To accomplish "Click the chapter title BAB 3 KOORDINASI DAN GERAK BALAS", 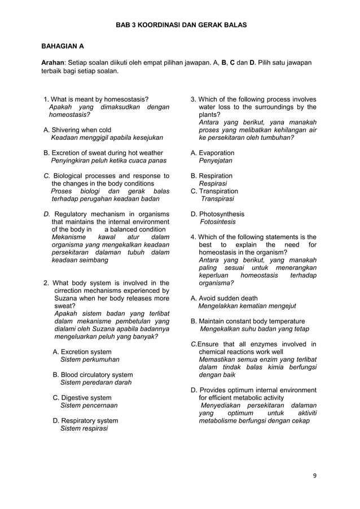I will (181, 25).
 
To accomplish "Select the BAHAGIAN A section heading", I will (65, 46).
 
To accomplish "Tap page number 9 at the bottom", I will (315, 475).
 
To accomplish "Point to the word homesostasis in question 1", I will (126, 100).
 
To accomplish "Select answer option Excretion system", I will (82, 352).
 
